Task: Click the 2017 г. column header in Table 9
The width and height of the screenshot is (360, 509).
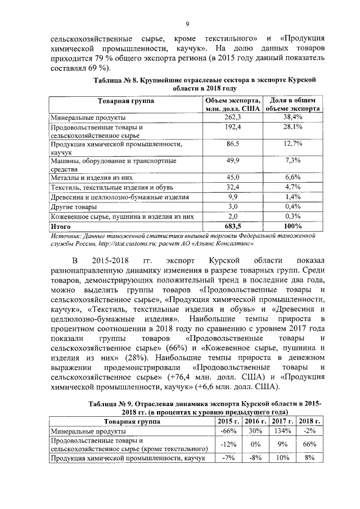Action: (x=279, y=421)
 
